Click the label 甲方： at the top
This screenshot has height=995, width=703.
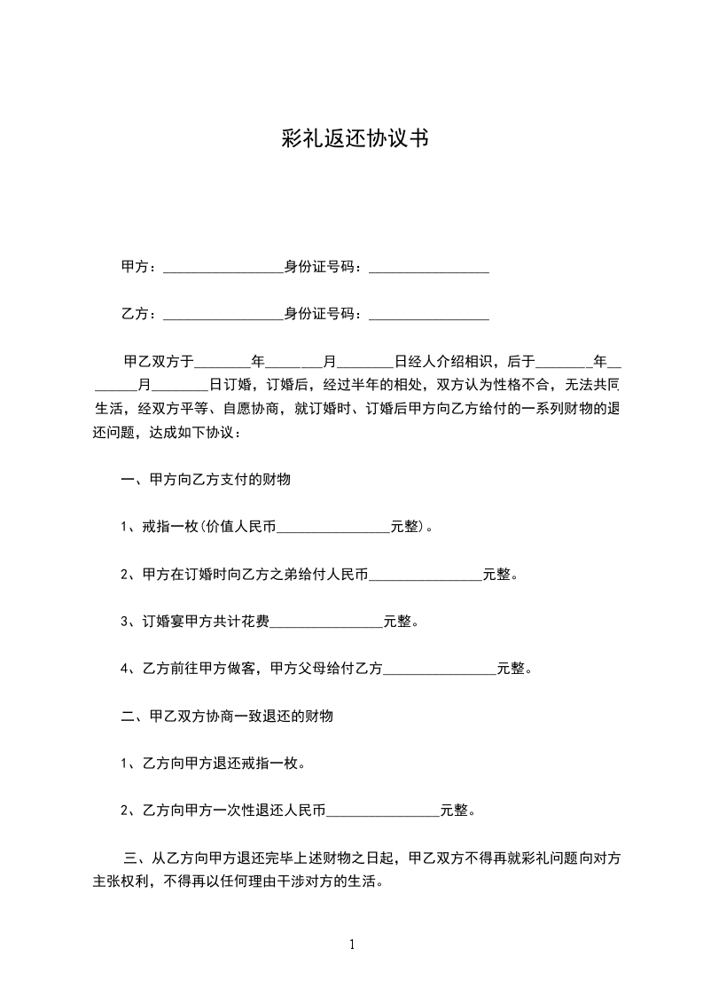tap(138, 265)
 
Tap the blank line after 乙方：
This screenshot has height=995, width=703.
tap(223, 314)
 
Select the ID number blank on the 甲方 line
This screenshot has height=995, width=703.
tap(429, 266)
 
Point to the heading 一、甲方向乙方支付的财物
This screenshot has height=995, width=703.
tap(206, 479)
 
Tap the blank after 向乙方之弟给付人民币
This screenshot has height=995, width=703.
tap(426, 575)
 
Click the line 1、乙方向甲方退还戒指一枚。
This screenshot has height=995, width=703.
tap(214, 762)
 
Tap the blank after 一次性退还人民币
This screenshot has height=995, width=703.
tap(383, 810)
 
